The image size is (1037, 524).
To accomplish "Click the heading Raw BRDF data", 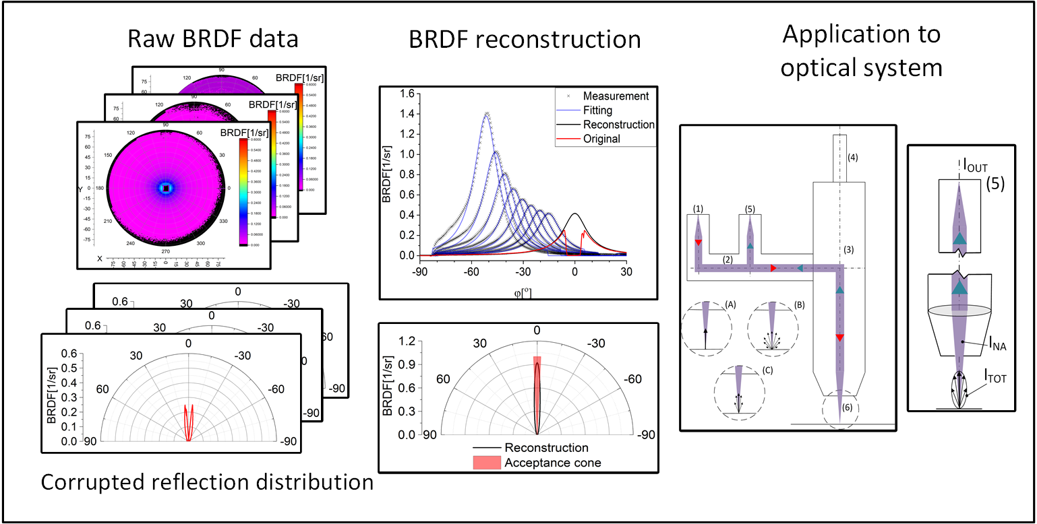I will [x=213, y=38].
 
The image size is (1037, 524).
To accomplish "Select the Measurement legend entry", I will [x=616, y=96].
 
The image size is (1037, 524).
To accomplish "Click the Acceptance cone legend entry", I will [x=551, y=463].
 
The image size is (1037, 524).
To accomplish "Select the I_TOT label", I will [x=995, y=379].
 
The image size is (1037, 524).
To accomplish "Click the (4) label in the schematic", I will [x=853, y=158].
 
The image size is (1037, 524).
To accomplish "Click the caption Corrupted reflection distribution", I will [x=207, y=482].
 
